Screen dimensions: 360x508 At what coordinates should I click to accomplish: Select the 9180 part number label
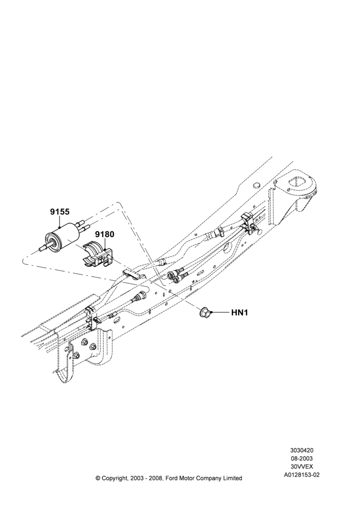coord(104,234)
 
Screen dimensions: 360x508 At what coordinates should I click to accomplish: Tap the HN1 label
coord(239,312)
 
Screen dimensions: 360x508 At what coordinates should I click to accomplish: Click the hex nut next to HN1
coord(205,312)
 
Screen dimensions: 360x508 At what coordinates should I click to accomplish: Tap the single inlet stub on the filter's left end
coord(43,249)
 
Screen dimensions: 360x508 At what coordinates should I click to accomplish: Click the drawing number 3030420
coord(302,450)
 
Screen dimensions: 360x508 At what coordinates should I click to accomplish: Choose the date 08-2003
coord(302,458)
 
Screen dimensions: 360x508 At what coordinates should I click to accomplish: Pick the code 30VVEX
coord(302,466)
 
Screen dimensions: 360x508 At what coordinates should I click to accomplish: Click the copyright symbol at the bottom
coord(98,478)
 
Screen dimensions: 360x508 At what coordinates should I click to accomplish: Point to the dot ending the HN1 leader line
coord(212,312)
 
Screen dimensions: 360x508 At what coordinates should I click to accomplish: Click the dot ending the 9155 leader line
coord(59,228)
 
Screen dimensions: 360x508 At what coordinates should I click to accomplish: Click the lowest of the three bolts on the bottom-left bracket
coord(76,356)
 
